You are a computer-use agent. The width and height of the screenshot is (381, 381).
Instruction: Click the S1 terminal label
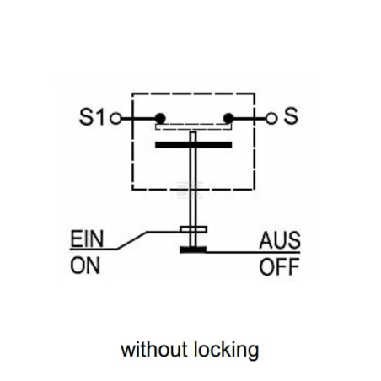pos(92,117)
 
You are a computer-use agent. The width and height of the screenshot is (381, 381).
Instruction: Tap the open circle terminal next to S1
pos(115,119)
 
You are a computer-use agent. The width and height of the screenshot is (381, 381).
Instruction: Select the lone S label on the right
pos(291,116)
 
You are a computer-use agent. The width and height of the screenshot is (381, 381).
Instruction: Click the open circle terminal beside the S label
pos(271,119)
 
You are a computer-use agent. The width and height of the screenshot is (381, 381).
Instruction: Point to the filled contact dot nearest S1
pos(160,118)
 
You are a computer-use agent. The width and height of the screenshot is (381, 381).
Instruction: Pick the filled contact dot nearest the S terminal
pos(228,118)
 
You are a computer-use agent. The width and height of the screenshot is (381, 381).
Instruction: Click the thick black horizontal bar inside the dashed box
pos(194,145)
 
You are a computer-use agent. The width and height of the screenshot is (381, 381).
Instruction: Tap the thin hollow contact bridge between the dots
pos(194,126)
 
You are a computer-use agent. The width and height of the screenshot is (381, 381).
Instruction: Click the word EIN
pos(87,239)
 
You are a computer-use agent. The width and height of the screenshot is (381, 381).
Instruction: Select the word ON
pos(85,266)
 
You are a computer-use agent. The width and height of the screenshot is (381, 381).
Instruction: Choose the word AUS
pos(280,240)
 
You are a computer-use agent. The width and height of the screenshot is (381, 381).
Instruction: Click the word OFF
pos(279,267)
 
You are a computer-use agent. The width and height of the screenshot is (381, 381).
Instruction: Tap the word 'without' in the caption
pos(154,350)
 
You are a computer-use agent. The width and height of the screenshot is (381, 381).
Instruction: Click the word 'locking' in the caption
pos(227,351)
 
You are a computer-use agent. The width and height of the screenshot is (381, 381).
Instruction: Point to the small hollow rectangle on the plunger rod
pos(194,229)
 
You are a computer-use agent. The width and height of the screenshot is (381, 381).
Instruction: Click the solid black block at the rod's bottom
pos(193,250)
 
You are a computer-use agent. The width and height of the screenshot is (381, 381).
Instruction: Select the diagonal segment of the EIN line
pos(131,240)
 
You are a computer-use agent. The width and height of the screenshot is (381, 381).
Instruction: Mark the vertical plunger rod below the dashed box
pos(193,208)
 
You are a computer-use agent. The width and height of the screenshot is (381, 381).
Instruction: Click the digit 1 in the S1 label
pos(99,117)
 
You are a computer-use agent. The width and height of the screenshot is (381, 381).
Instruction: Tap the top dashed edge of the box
pos(194,94)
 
